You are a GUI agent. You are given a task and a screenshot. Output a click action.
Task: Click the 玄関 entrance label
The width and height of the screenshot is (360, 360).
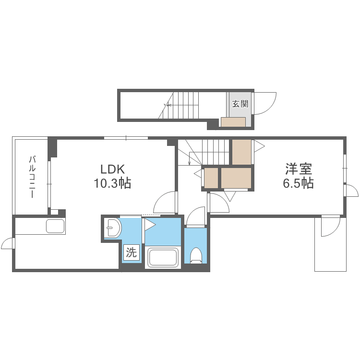tap(239, 104)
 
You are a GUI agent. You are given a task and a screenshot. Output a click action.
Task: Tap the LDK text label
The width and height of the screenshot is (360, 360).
tap(112, 169)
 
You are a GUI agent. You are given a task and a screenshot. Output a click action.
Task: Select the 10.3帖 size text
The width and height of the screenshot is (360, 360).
tap(112, 183)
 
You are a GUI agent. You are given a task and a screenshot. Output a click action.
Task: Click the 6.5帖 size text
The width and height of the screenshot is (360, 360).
tap(299, 183)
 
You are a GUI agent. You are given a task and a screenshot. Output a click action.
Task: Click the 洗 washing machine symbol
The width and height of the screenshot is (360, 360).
tap(132, 251)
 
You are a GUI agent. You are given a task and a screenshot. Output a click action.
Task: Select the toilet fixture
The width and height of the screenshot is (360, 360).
tap(196, 255)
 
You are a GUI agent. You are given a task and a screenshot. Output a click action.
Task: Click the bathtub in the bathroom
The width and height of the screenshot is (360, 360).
tap(163, 257)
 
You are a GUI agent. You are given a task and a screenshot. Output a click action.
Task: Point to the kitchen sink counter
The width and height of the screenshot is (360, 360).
tap(55, 226)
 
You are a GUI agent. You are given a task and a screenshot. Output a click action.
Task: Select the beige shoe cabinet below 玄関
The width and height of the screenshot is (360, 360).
tap(233, 122)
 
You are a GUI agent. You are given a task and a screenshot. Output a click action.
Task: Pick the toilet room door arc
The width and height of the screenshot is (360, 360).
tap(195, 217)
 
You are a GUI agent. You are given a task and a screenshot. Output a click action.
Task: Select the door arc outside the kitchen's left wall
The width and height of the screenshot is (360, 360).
tap(7, 244)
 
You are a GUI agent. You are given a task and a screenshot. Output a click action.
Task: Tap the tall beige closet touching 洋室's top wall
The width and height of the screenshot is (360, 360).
tap(241, 151)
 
